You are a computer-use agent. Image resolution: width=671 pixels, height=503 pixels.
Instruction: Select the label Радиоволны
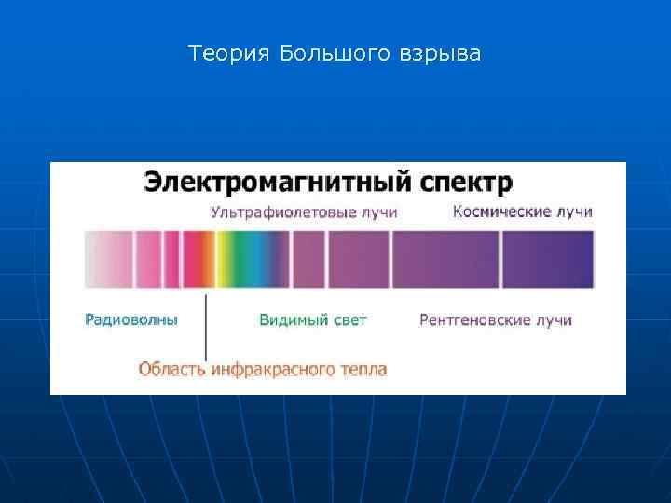point(131,319)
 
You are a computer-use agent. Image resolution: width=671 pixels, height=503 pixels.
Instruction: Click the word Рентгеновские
point(474,319)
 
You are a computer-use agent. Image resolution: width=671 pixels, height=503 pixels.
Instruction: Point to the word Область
point(172,369)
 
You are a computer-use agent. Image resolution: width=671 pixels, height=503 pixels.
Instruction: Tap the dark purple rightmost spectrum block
point(548,259)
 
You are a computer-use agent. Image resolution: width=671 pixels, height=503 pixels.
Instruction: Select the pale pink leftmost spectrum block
point(108,259)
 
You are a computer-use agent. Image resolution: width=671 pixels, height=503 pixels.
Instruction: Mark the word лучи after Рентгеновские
point(554,319)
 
